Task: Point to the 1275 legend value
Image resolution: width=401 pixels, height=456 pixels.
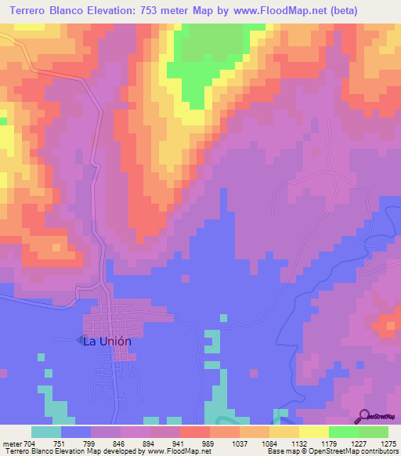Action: pyautogui.click(x=389, y=443)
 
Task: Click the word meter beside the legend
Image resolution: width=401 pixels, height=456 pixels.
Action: pyautogui.click(x=9, y=443)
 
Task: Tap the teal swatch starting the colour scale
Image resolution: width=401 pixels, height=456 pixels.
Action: pyautogui.click(x=46, y=432)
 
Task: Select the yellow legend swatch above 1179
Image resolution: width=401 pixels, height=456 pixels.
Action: pyautogui.click(x=314, y=432)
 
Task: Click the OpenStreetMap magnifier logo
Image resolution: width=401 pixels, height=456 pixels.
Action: pyautogui.click(x=365, y=417)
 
